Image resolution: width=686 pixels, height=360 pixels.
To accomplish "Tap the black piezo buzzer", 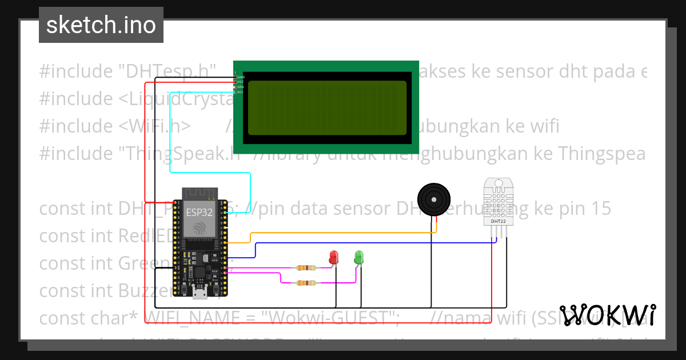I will click(x=432, y=199).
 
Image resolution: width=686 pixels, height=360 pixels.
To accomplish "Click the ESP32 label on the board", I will click(x=200, y=212).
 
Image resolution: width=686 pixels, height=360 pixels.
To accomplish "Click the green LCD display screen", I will click(x=327, y=107).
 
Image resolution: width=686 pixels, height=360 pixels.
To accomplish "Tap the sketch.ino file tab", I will click(x=101, y=25).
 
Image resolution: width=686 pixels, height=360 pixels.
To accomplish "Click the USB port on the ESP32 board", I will click(x=200, y=294).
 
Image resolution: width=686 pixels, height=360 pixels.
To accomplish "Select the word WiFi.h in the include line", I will click(x=163, y=126).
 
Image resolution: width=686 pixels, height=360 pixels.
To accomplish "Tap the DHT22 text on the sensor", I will click(x=498, y=221).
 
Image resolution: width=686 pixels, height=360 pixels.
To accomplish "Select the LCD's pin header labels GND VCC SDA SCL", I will click(x=240, y=84).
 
